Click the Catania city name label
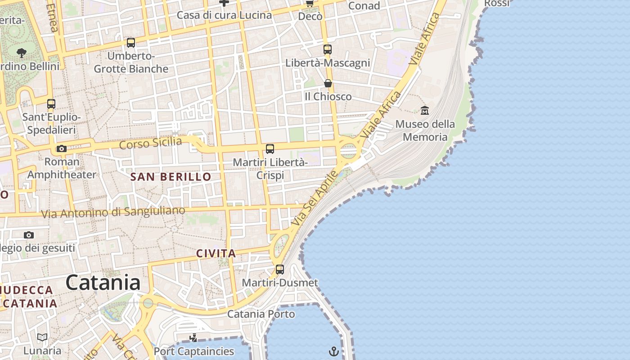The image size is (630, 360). coord(103,283)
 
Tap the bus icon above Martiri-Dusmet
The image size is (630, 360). coord(280,270)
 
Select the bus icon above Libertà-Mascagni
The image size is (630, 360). coord(328,49)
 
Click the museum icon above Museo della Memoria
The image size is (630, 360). coord(424,110)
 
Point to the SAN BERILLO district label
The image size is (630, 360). coord(171,177)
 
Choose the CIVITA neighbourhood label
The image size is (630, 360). coord(216,253)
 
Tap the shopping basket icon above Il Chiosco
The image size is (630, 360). coord(328,83)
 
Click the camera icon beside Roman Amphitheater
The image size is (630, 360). coord(61,148)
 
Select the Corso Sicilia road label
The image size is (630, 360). coord(151,144)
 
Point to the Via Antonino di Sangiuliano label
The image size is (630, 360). coord(113,212)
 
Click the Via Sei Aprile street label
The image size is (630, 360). coord(314,198)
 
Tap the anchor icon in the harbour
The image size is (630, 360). coord(334,351)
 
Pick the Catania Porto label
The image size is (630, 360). coord(261,314)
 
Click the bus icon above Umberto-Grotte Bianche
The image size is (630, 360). coord(131,43)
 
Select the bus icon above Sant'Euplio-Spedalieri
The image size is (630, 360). coord(51,104)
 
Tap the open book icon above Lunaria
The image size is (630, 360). coord(42,337)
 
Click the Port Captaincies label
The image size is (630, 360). coord(194,351)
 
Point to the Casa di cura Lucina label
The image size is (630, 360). coord(224,15)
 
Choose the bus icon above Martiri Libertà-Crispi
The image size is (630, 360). coord(270,149)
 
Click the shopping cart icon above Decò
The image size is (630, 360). coord(310,4)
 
